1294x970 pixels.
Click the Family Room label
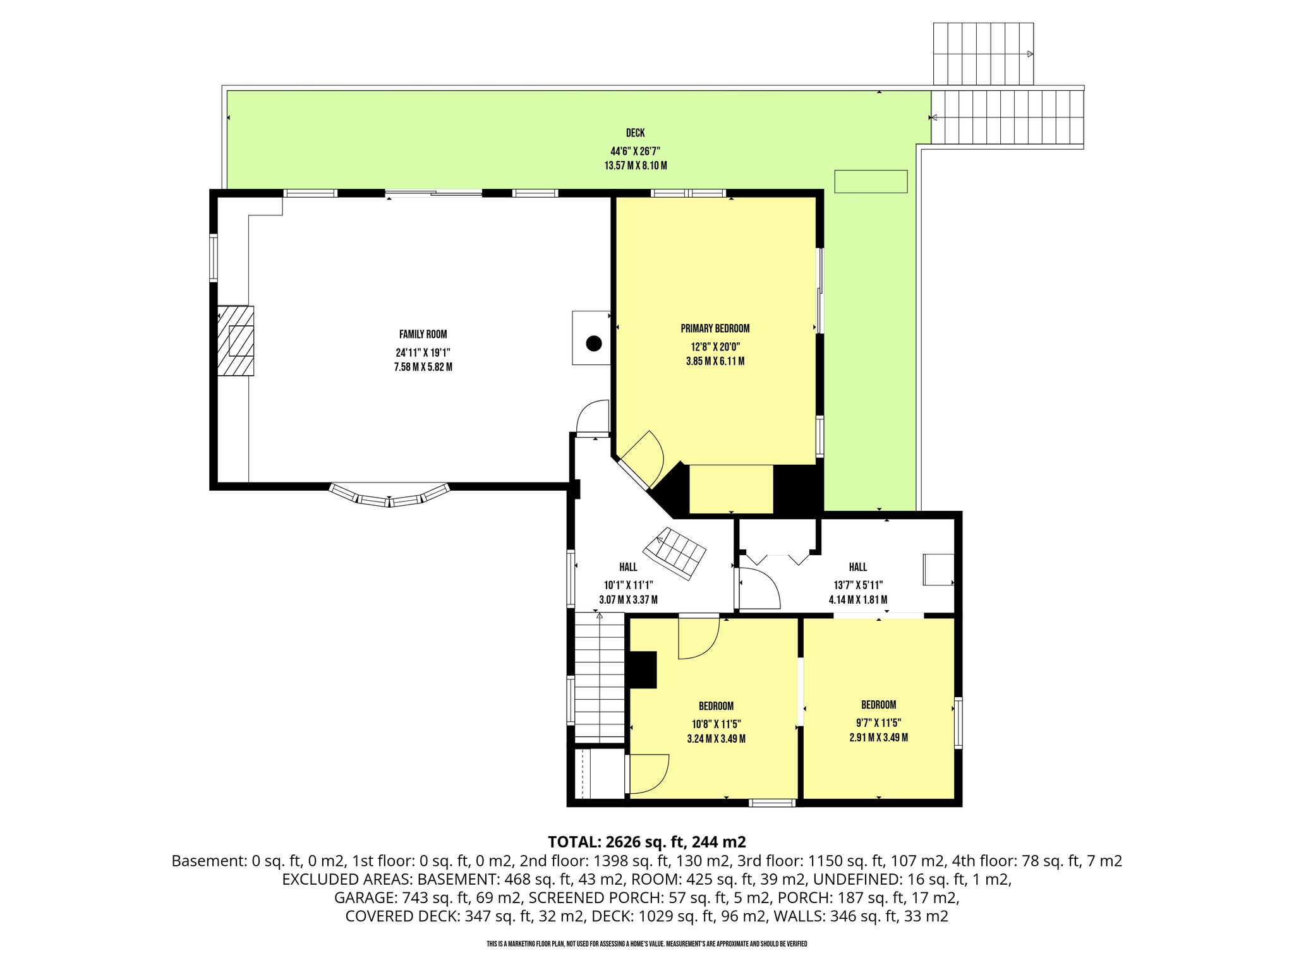point(423,335)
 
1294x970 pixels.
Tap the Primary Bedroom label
point(715,328)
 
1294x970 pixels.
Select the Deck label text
point(636,133)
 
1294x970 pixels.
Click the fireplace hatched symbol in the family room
point(236,341)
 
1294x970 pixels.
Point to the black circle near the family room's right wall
point(593,344)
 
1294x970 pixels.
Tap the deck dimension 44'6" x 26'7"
point(636,152)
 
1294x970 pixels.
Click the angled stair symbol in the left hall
point(675,554)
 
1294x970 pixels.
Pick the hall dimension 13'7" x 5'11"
point(857,585)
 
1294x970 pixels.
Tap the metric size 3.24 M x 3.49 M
point(716,739)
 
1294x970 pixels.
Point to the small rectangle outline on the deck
point(871,181)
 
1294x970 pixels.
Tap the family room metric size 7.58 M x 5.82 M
point(423,367)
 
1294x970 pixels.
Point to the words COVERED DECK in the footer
point(402,916)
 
